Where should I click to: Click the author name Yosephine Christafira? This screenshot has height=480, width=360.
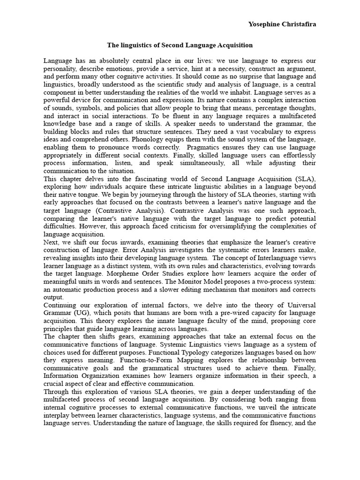[281, 24]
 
